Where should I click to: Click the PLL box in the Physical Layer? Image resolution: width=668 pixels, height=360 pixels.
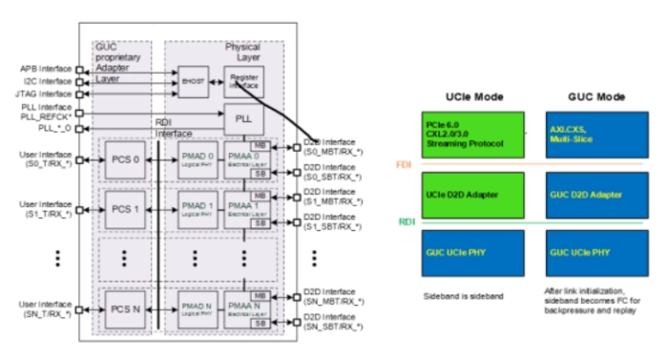tap(243, 118)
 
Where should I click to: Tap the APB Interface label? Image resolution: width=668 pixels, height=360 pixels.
tap(44, 69)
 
